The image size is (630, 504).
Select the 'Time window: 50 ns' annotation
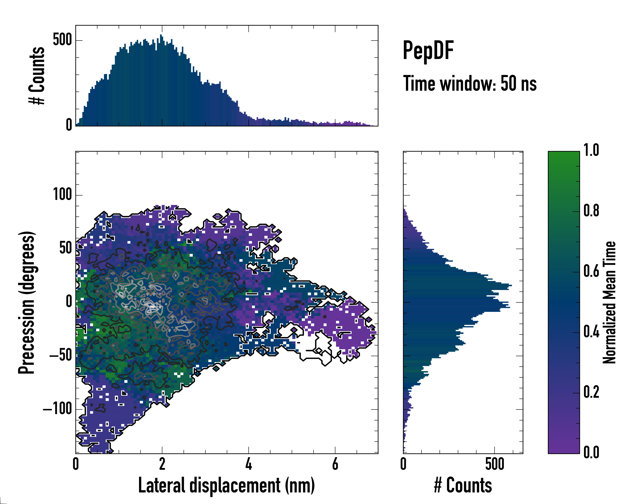tap(470, 84)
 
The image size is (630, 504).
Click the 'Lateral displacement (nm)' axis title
tap(226, 485)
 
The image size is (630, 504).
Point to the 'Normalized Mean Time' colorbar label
tap(609, 302)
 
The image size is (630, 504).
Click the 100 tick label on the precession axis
tap(62, 194)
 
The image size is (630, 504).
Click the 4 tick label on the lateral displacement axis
tap(248, 464)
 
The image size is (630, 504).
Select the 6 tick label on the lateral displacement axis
tap(335, 464)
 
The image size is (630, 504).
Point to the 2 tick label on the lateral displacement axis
tap(162, 464)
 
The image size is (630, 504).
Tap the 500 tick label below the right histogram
tap(495, 464)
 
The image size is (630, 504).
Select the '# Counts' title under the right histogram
tap(463, 485)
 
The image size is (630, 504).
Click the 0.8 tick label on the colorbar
tap(591, 211)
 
